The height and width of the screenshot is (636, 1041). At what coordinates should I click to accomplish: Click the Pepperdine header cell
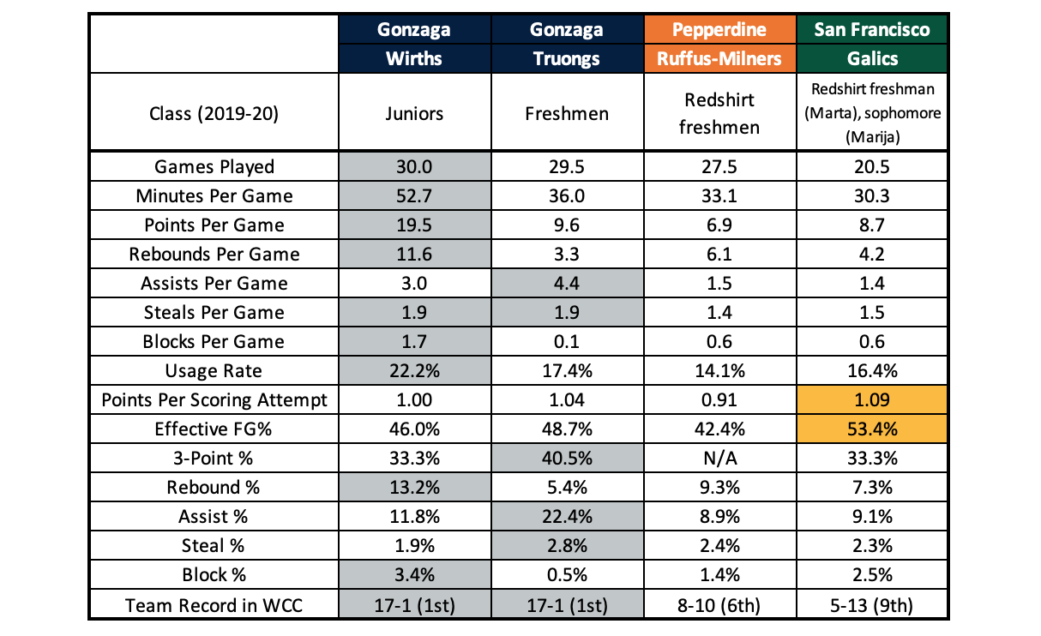(x=719, y=30)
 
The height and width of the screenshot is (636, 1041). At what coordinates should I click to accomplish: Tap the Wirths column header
(x=415, y=58)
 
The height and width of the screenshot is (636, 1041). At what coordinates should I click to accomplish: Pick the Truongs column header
(x=566, y=58)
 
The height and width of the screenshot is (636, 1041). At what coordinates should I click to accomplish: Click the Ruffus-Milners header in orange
(x=719, y=58)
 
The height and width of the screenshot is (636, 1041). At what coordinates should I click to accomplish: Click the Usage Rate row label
(x=214, y=370)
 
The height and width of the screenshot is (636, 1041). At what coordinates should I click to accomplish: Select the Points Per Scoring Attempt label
(x=214, y=399)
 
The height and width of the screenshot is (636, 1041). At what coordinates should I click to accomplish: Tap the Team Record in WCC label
(x=214, y=604)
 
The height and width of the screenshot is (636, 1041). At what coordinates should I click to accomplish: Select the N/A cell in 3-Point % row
(x=719, y=458)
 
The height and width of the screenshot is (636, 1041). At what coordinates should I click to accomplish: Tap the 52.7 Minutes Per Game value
(x=415, y=195)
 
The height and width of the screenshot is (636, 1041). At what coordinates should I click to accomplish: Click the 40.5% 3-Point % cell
(x=566, y=458)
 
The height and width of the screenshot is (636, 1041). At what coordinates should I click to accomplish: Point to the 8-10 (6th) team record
(x=719, y=604)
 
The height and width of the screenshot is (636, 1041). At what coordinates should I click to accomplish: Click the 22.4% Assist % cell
(x=566, y=516)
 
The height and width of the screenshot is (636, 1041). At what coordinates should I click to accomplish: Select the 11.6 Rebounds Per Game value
(x=415, y=254)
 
